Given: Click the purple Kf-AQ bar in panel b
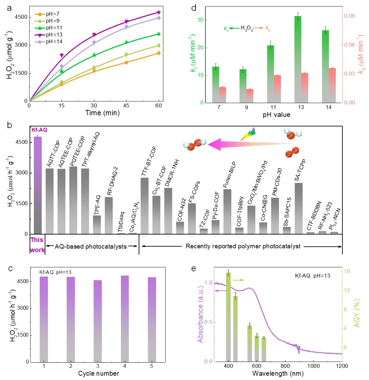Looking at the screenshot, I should [x=38, y=184].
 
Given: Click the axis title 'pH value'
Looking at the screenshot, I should [x=277, y=115].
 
